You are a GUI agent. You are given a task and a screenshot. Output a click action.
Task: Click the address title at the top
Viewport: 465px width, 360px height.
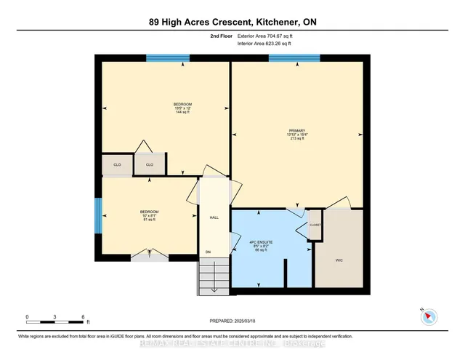point(232,23)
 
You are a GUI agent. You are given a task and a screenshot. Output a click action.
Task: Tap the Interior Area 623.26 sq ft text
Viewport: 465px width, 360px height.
point(265,44)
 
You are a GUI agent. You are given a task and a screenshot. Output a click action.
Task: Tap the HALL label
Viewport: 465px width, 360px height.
point(214,217)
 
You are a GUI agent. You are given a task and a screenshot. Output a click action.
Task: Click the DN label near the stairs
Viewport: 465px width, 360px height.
point(207,253)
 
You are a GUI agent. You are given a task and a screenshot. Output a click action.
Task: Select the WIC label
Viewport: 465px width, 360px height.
point(339,259)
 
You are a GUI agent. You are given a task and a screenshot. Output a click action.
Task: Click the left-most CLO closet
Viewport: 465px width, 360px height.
point(116,164)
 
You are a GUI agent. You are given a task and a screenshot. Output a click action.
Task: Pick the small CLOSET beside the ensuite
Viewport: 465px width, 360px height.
point(315,225)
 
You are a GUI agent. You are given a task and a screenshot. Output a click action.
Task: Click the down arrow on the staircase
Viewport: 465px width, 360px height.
point(213,287)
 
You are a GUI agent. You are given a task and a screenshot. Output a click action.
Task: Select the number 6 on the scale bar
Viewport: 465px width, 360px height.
point(84,317)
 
